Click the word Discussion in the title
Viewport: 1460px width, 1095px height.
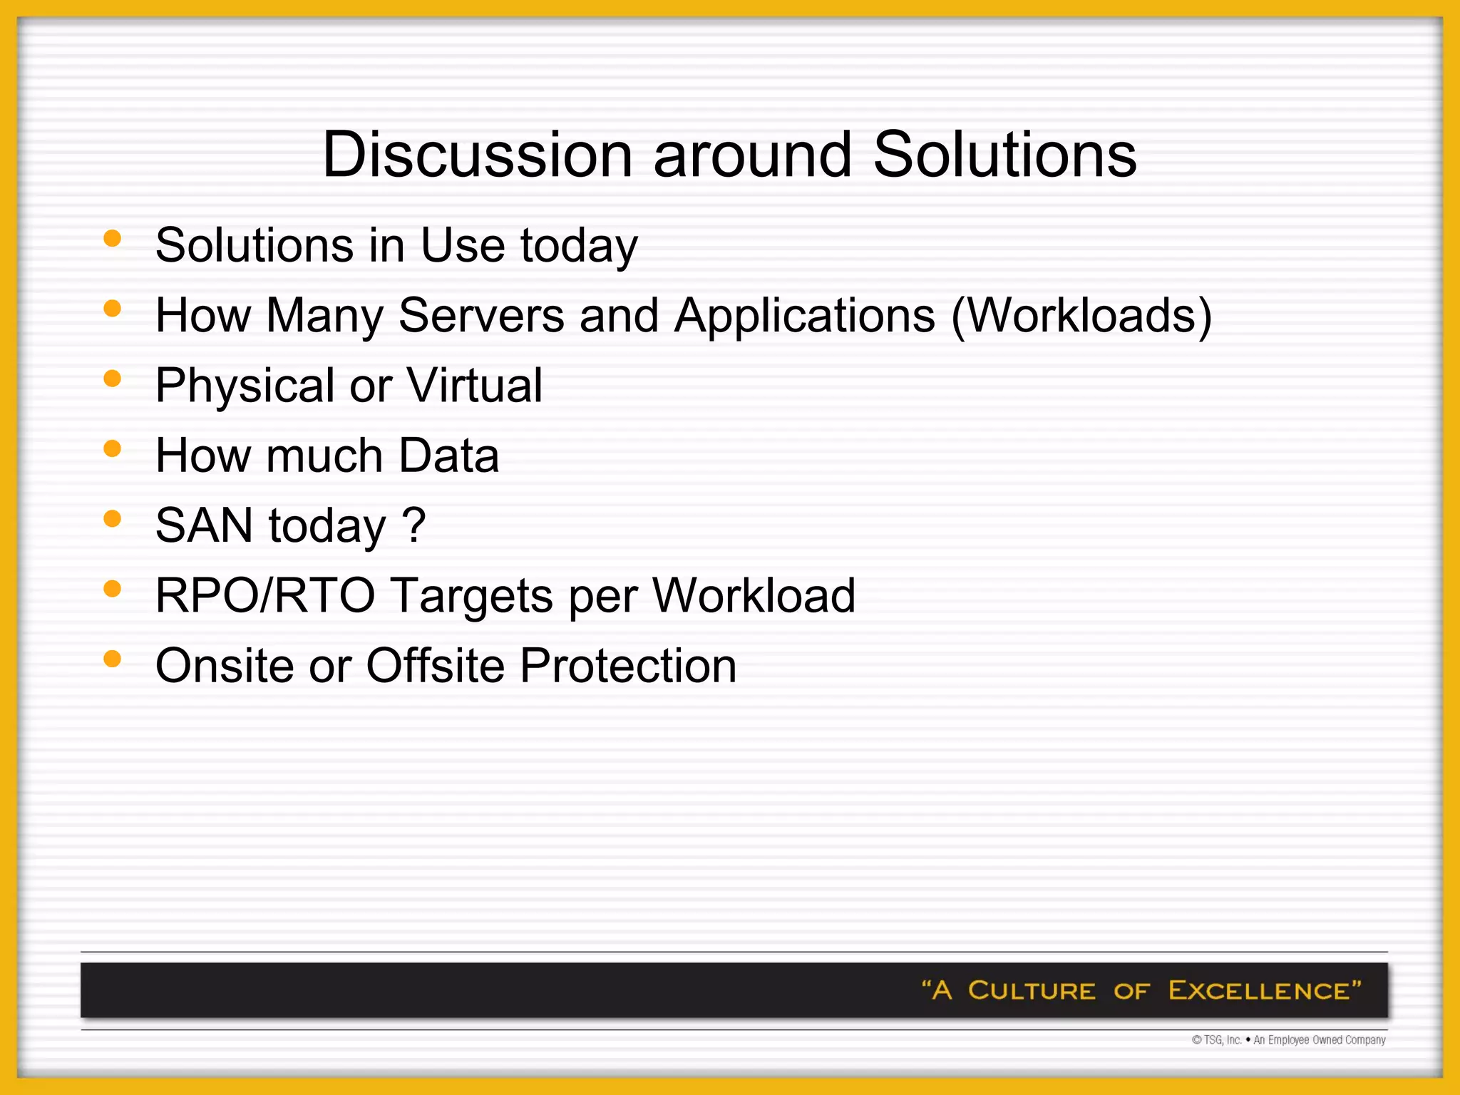[477, 155]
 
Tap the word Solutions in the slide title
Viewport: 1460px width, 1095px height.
[1004, 155]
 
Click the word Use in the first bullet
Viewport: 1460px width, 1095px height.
[463, 245]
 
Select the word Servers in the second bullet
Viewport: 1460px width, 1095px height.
[481, 315]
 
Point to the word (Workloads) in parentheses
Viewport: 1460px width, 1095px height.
[1081, 315]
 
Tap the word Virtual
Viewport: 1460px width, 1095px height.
[474, 386]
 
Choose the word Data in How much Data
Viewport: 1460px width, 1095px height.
[448, 456]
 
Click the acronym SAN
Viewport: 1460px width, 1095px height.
[204, 525]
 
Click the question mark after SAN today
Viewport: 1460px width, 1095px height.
[414, 525]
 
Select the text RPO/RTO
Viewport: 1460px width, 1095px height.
[264, 595]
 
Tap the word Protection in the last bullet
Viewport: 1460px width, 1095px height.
[628, 666]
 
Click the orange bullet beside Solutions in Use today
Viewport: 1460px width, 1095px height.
[112, 238]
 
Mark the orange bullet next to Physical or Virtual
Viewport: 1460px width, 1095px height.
[112, 379]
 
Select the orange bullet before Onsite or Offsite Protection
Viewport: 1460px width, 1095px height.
[112, 659]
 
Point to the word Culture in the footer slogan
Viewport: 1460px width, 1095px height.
[1031, 991]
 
